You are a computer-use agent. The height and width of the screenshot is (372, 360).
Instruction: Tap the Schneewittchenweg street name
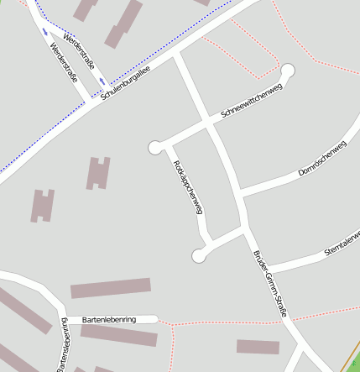coord(251,102)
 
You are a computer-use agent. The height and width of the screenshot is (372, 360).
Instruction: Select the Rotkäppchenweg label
coord(188,186)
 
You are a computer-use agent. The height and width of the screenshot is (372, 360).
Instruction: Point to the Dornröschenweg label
coord(322,159)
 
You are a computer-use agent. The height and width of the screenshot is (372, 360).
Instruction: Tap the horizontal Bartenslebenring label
coord(110,319)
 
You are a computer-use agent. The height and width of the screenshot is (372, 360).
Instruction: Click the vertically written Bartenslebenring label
coord(62,344)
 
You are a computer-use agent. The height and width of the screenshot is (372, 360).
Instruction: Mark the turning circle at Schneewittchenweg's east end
coord(288,71)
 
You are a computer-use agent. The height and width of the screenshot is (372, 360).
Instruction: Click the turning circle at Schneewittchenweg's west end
coord(155,148)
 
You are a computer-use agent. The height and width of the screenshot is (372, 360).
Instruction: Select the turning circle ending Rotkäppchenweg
coord(199,255)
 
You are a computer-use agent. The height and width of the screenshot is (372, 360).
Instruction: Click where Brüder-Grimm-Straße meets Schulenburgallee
coord(176,56)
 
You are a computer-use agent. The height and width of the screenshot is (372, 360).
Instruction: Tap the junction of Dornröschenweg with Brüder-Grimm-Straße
coord(238,196)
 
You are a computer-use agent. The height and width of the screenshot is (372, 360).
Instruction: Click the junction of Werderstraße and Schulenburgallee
coord(95,101)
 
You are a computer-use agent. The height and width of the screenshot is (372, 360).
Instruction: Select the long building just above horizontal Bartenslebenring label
coord(110,289)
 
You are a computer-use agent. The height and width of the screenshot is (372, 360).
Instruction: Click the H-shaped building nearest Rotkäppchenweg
coord(98,173)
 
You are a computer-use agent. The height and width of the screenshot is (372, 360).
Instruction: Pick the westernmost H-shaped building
coord(43,206)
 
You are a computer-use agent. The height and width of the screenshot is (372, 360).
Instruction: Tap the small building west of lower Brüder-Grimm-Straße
coord(258,346)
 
